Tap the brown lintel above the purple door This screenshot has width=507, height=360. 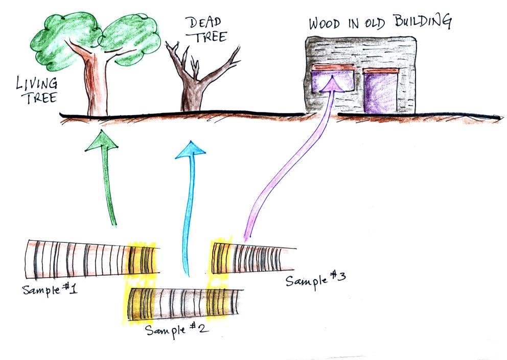pos(380,71)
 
